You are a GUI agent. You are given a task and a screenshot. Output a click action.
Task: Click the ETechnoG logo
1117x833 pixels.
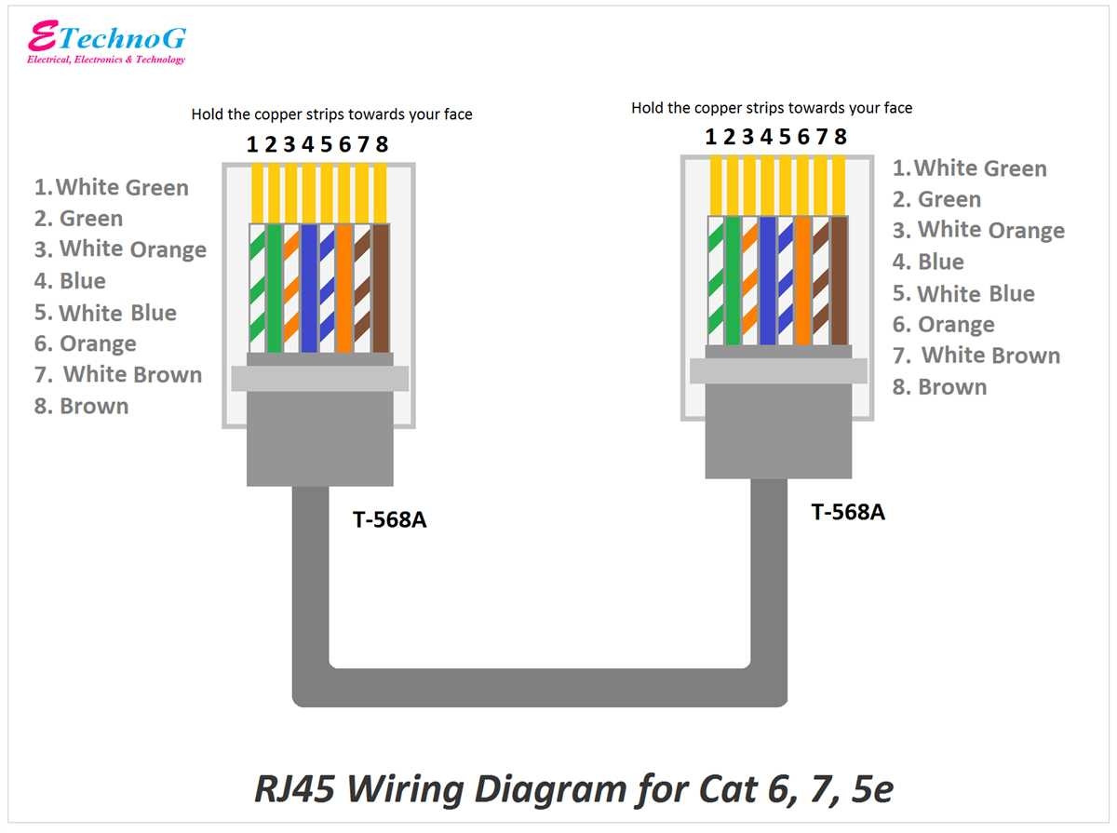coord(106,43)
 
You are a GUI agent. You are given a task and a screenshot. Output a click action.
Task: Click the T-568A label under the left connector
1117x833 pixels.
coord(389,519)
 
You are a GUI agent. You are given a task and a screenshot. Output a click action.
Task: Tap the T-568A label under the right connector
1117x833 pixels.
coord(848,512)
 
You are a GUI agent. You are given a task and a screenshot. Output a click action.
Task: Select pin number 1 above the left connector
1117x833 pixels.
coord(251,144)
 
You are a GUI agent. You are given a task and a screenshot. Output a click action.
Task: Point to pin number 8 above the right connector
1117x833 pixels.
coord(841,137)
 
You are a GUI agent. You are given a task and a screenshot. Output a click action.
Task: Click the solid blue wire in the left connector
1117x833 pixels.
coord(309,289)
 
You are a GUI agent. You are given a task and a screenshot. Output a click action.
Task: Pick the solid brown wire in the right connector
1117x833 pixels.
coord(840,280)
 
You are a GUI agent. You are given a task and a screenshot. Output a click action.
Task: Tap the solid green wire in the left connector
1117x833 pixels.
coord(274,289)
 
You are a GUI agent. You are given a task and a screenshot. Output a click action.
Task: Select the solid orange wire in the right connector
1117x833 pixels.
coord(803,280)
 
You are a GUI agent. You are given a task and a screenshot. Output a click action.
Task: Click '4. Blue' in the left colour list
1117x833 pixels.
coord(71,281)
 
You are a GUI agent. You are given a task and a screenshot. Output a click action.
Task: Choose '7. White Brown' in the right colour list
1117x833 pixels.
coord(976,356)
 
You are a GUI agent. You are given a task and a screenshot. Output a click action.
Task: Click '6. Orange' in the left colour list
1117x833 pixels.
coord(86,343)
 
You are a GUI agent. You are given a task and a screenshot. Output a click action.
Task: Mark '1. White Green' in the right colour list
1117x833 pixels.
coord(970,168)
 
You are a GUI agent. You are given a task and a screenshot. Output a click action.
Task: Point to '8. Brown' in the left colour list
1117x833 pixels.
coord(82,406)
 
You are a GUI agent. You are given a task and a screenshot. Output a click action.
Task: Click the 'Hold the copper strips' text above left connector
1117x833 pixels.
coord(331,114)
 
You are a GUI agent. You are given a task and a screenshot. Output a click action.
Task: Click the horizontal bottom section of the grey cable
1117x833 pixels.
coord(540,686)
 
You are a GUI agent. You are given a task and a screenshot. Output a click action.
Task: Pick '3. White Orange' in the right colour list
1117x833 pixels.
coord(978,230)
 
